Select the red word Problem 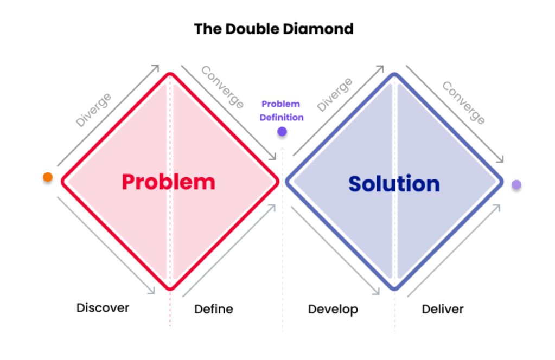[168, 182]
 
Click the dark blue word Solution [394, 184]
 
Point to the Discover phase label [103, 308]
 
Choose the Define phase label [214, 309]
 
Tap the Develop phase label [333, 309]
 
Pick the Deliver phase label [443, 309]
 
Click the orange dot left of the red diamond [48, 177]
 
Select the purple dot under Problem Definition [282, 131]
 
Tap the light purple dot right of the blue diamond [516, 185]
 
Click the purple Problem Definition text [281, 111]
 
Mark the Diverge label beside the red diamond [93, 110]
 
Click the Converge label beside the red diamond [222, 87]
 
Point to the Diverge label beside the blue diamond [334, 95]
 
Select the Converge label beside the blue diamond [463, 102]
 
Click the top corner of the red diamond [170, 74]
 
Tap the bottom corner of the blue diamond [394, 287]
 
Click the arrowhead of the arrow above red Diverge [156, 67]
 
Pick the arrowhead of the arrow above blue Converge [501, 160]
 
